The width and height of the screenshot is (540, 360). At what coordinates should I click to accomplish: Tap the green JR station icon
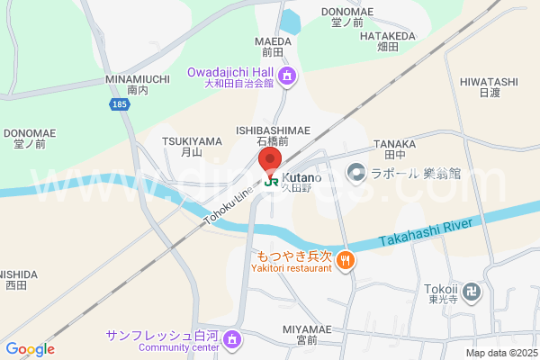click(270, 180)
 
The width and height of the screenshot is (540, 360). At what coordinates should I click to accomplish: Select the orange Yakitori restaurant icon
click(346, 262)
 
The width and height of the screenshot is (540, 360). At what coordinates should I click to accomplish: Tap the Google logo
click(30, 349)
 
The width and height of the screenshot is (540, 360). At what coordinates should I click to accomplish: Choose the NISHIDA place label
click(18, 279)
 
